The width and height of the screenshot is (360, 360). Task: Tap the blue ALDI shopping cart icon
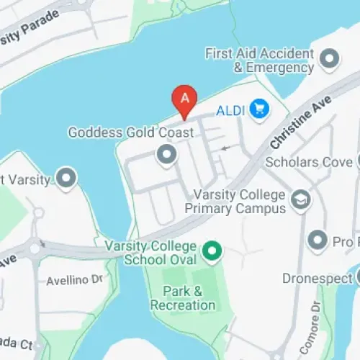tap(259, 110)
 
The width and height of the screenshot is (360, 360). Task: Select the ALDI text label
tap(231, 111)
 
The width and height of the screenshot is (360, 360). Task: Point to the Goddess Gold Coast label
tap(130, 133)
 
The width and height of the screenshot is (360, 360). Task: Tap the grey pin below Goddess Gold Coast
tap(167, 154)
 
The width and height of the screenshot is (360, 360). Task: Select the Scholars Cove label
tap(308, 162)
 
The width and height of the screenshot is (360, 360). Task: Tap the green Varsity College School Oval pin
tap(211, 251)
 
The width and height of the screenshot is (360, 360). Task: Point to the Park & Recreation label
tap(183, 298)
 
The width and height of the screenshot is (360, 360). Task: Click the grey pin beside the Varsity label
tap(67, 178)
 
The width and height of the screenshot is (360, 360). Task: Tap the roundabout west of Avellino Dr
tap(34, 250)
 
